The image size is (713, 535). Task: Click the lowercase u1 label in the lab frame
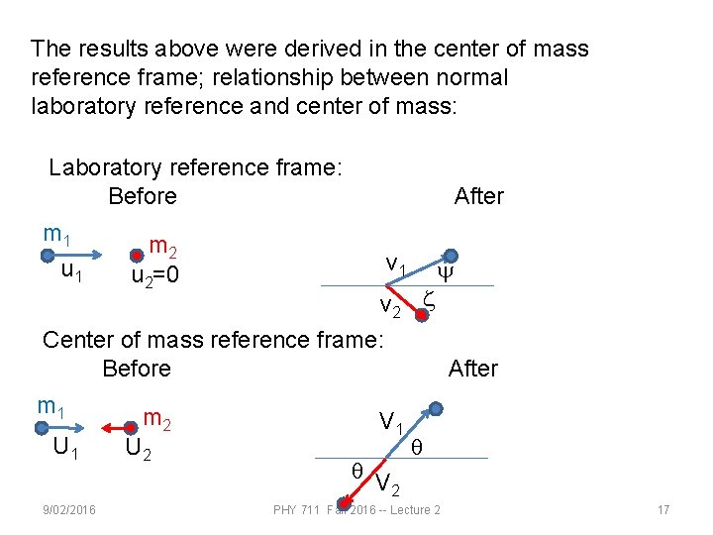coord(71,269)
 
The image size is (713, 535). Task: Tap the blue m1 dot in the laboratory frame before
coord(47,256)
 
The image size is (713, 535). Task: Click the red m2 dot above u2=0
coord(136,256)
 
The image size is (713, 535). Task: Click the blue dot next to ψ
coord(451,256)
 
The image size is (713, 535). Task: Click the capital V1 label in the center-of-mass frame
coord(390,423)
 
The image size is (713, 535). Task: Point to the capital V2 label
coord(388,484)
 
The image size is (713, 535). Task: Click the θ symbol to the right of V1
coord(417,448)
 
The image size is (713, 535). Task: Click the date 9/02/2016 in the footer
coord(69,509)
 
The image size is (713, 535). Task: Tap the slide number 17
coord(663,509)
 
